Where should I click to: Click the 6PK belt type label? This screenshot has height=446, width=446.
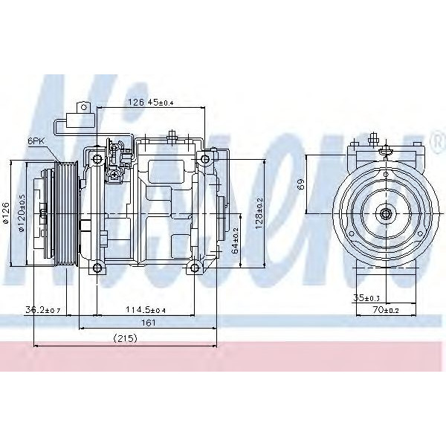[x=35, y=140]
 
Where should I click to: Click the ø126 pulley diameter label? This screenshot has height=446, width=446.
[x=6, y=212]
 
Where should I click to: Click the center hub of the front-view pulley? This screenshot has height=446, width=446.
[x=386, y=214]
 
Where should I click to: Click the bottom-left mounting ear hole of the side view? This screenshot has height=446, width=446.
[x=98, y=267]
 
